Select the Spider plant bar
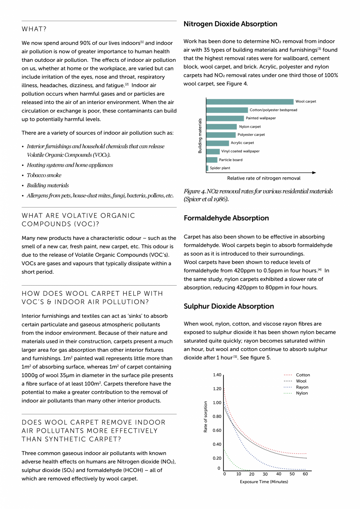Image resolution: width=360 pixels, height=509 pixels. click(207, 168)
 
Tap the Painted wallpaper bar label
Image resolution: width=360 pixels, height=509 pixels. click(261, 118)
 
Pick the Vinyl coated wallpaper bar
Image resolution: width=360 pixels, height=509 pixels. click(213, 151)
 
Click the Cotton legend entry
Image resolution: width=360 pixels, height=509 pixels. click(302, 375)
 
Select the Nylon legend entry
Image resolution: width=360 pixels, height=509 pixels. click(302, 393)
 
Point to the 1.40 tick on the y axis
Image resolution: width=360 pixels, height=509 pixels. click(217, 375)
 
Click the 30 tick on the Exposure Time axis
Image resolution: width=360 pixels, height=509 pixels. click(265, 474)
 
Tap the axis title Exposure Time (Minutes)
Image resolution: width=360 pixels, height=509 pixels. click(264, 482)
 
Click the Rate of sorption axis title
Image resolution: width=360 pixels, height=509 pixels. click(206, 417)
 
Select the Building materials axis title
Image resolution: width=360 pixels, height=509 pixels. click(200, 135)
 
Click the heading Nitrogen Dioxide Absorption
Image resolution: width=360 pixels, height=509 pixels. click(230, 24)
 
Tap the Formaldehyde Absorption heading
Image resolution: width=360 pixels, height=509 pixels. click(226, 218)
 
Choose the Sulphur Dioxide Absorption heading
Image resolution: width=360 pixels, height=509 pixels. click(229, 306)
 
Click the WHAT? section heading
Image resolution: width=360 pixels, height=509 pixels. click(34, 29)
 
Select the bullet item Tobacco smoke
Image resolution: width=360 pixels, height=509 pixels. click(44, 175)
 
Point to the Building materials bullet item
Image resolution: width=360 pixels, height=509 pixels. click(48, 185)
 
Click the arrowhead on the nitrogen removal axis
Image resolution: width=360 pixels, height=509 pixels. click(314, 172)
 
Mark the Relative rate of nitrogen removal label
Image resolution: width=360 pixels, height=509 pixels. click(264, 178)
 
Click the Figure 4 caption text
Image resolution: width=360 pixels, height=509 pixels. click(258, 195)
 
